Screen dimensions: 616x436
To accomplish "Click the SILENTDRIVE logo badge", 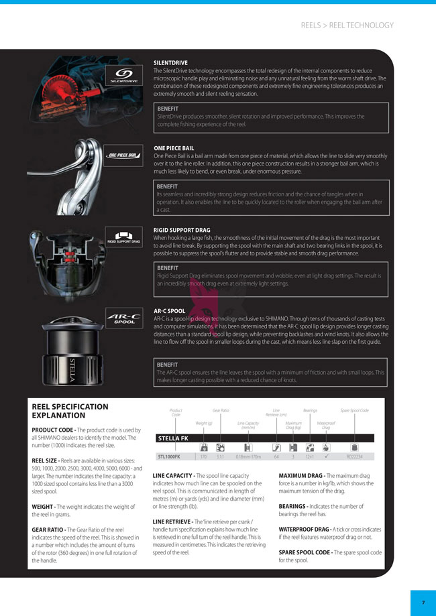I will (123, 76).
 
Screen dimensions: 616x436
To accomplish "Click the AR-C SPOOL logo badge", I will (123, 317).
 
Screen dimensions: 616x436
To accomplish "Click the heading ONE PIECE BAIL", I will (174, 148).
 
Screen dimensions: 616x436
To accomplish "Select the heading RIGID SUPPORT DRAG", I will (182, 230).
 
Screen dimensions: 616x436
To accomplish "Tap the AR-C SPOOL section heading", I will (170, 311).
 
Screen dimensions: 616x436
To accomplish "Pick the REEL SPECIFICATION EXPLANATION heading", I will (70, 411).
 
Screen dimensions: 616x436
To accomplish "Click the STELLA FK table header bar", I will (268, 438).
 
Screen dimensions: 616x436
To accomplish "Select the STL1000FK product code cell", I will (168, 457).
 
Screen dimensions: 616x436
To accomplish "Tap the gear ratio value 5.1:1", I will (220, 457).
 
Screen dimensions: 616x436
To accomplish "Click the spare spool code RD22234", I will (354, 457).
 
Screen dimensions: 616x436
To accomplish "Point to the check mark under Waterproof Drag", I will (326, 457).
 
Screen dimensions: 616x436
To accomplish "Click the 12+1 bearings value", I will (309, 457).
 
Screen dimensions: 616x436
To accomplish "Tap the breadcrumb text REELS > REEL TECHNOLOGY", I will (347, 25).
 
